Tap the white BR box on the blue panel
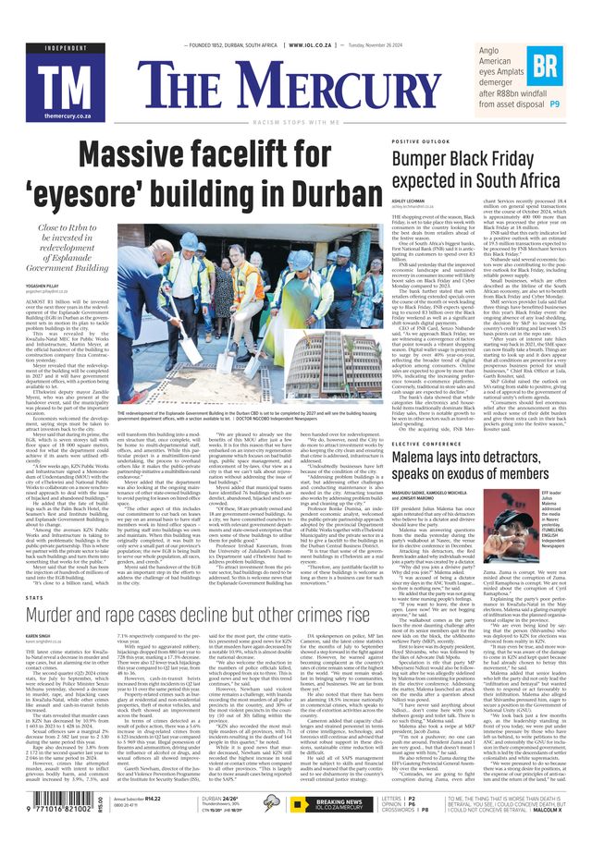546,65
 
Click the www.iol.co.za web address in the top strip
314,44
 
